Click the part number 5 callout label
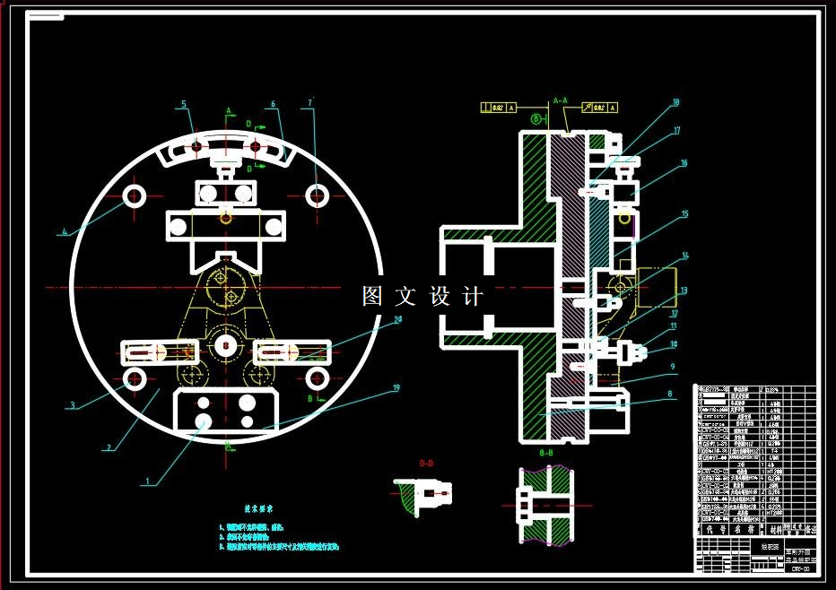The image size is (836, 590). point(184,105)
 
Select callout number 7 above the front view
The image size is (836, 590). point(309,104)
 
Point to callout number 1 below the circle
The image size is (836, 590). point(147,481)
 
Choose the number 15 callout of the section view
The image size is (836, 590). point(684,214)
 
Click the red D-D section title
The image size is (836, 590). point(426,464)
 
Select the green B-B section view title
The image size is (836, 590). point(546,454)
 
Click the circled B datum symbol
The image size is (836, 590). point(536,117)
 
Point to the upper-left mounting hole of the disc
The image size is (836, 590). point(135,195)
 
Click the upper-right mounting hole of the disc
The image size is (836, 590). point(317,194)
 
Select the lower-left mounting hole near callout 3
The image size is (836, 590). point(135,378)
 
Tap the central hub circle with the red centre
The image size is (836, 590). point(226,343)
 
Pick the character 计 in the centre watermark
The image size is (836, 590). point(474,296)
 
